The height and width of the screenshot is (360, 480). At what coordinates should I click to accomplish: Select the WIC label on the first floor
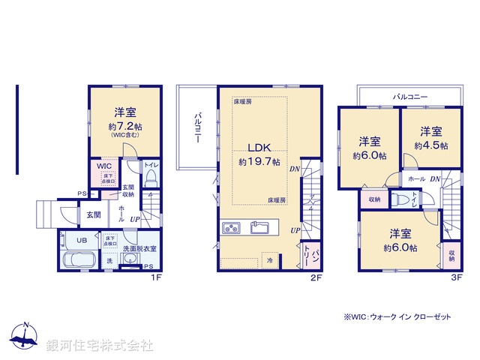point(101,167)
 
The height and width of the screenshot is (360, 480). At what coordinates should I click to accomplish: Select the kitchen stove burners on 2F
point(232,228)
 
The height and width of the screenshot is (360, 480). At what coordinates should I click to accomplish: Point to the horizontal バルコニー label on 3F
point(409,97)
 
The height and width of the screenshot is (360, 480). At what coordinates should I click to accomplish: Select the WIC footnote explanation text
point(397,317)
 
